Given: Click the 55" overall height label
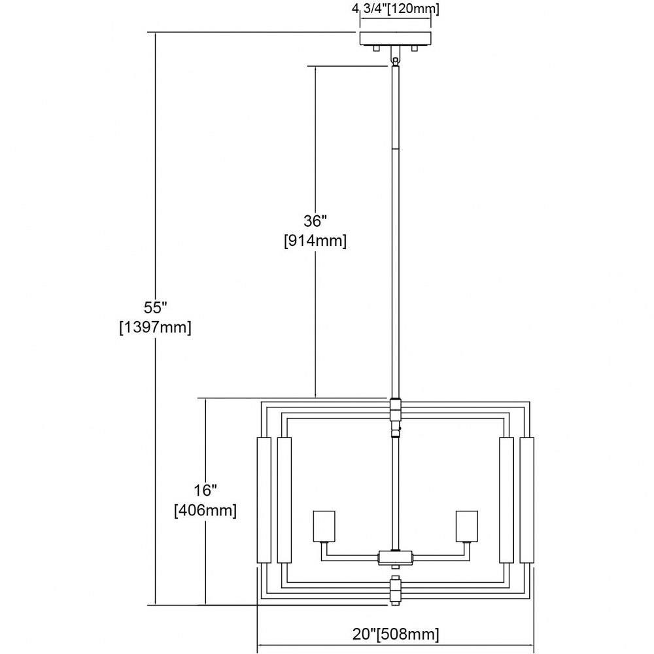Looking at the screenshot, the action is [155, 307].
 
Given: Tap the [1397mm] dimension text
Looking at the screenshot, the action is [155, 328].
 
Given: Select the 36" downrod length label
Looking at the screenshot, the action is [315, 220].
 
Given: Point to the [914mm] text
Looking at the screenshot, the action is [315, 241].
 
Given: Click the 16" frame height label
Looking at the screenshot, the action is [205, 490].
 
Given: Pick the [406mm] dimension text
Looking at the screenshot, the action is [205, 510].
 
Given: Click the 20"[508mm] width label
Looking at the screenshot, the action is [396, 634].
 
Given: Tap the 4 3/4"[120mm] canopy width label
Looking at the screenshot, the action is [396, 9].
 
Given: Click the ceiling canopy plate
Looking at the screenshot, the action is [396, 38].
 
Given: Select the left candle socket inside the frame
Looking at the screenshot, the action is [324, 526].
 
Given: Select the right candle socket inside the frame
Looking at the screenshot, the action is [467, 526].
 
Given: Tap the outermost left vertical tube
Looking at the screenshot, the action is [264, 500].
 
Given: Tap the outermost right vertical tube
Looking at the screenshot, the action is [527, 500].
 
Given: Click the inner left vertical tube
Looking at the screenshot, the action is [284, 500].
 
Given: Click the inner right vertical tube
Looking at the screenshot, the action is [506, 500].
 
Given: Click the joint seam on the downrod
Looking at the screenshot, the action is [396, 149].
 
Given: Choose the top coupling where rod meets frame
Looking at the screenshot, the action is [396, 409].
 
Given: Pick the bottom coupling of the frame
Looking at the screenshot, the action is [396, 590].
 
